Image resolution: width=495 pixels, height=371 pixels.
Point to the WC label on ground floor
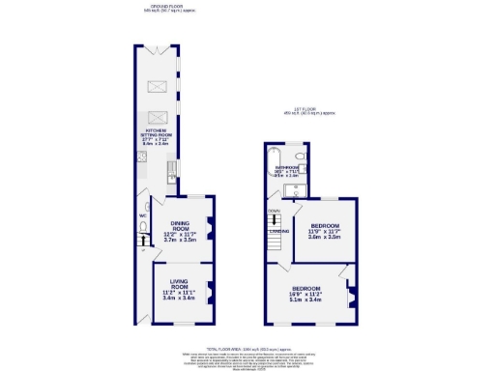click(141, 215)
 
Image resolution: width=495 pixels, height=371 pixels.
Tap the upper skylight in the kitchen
click(156, 87)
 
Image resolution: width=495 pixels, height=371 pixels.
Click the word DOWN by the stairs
click(273, 210)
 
